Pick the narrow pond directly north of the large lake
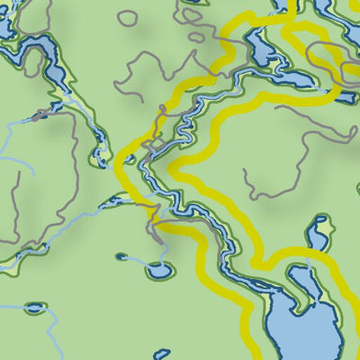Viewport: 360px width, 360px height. click(x=317, y=237)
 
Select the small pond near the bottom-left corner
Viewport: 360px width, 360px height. click(x=34, y=307)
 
